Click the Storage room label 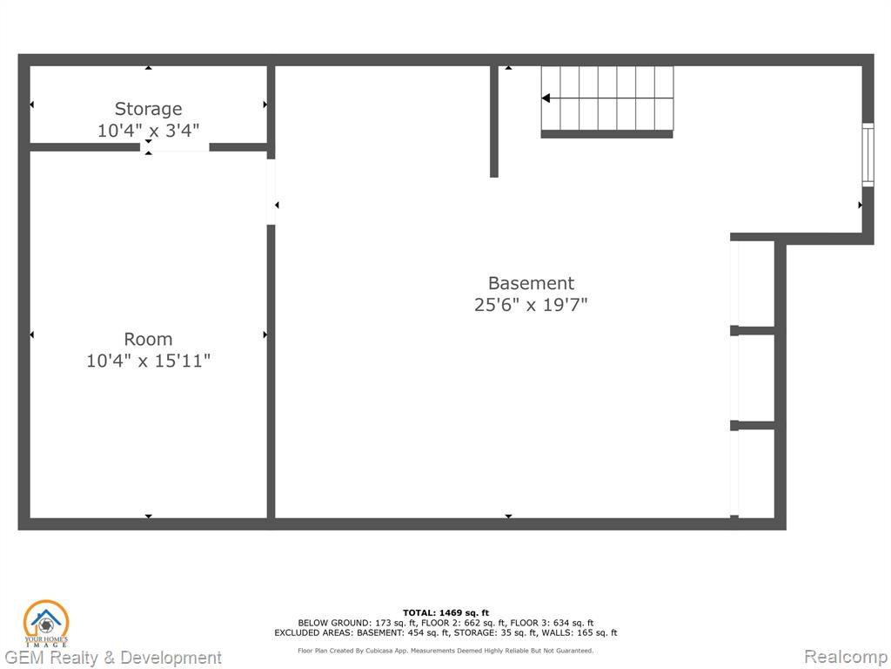click(148, 109)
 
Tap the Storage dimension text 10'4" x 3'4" click(148, 131)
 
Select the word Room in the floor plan click(148, 339)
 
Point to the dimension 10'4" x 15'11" click(148, 360)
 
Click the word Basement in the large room click(532, 283)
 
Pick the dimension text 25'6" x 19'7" click(531, 304)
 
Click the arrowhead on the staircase click(546, 98)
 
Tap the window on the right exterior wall click(868, 155)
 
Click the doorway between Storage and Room click(175, 147)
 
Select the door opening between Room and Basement click(271, 192)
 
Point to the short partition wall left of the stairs click(494, 122)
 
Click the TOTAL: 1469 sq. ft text click(445, 612)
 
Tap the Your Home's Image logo click(46, 624)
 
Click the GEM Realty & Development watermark click(112, 658)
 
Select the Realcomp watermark click(846, 657)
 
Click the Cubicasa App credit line click(445, 650)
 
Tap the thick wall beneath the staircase click(606, 134)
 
